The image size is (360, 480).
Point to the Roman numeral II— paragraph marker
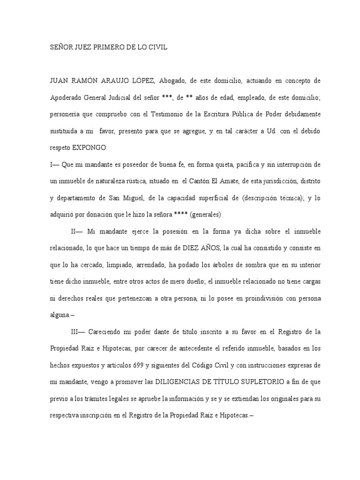coord(76,231)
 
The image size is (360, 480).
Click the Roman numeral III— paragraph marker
coord(78,331)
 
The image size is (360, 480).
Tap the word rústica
coord(148,180)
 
